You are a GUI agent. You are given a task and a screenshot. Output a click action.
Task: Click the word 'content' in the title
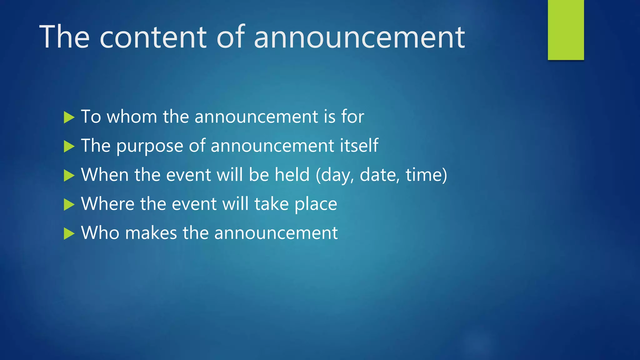click(153, 37)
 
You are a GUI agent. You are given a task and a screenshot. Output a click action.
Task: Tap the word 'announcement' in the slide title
click(359, 37)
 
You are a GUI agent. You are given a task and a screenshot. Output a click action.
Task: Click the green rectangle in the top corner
click(566, 30)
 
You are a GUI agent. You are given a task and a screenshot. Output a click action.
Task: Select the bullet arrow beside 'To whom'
click(69, 117)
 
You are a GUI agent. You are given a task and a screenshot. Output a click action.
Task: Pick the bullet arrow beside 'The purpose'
click(69, 146)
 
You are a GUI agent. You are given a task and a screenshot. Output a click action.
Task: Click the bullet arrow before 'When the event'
click(69, 175)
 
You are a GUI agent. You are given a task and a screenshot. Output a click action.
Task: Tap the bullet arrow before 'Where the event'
click(69, 205)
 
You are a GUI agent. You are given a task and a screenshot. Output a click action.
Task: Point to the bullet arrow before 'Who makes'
click(69, 233)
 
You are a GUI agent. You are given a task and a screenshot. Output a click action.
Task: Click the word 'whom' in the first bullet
click(132, 117)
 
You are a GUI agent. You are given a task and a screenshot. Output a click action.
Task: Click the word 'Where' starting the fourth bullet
click(108, 204)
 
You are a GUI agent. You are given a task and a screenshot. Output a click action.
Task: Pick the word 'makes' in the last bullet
click(151, 233)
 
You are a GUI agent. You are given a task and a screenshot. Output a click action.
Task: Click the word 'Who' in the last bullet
click(100, 233)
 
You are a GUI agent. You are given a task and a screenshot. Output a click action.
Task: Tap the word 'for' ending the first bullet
click(352, 117)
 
